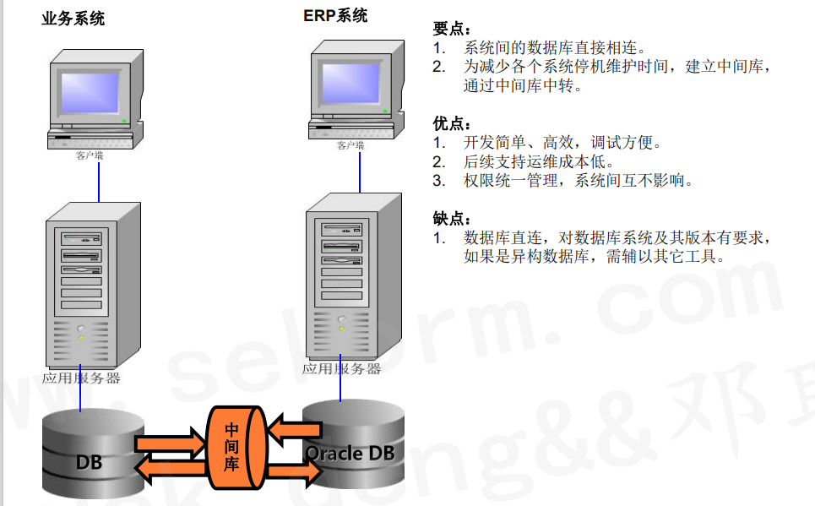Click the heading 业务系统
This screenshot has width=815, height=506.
pyautogui.click(x=73, y=19)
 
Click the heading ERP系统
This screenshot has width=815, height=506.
pyautogui.click(x=335, y=15)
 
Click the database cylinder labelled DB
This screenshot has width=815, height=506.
pyautogui.click(x=88, y=456)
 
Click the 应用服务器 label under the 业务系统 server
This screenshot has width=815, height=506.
pyautogui.click(x=81, y=378)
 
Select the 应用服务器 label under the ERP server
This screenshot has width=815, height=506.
pyautogui.click(x=341, y=368)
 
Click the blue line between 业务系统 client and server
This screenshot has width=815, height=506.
pyautogui.click(x=99, y=184)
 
